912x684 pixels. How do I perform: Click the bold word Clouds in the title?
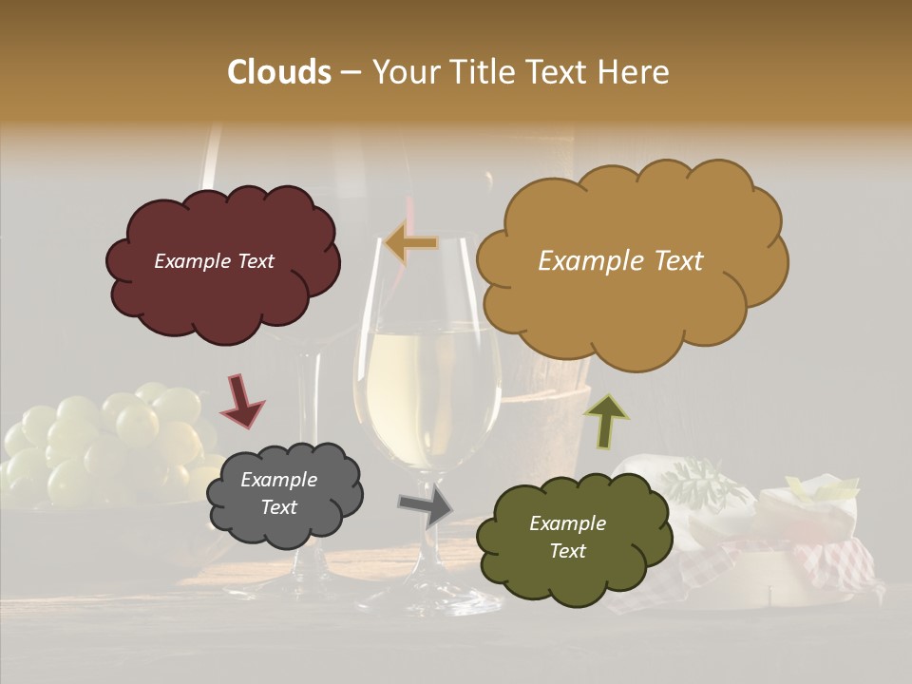pyautogui.click(x=278, y=72)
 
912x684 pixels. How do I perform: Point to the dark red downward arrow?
pyautogui.click(x=241, y=401)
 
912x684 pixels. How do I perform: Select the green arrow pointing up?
pyautogui.click(x=606, y=421)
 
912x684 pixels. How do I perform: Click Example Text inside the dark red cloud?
pyautogui.click(x=214, y=261)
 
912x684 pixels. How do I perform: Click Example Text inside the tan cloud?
pyautogui.click(x=620, y=261)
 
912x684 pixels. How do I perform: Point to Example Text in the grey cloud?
pyautogui.click(x=278, y=494)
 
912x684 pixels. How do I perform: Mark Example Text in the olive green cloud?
pyautogui.click(x=567, y=537)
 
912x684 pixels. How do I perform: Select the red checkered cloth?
pyautogui.click(x=836, y=560)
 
